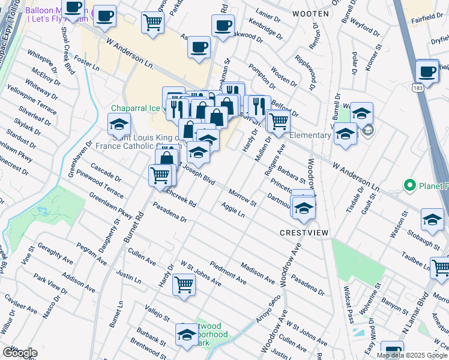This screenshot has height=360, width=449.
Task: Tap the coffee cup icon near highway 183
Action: (x=427, y=71)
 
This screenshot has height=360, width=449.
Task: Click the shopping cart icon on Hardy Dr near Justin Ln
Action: (x=184, y=284)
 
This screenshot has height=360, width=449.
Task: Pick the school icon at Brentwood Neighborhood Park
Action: (x=187, y=335)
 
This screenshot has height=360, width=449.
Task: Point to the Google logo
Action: (x=20, y=353)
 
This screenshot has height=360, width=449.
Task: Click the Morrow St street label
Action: (x=243, y=197)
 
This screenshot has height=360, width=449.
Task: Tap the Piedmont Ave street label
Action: (x=228, y=272)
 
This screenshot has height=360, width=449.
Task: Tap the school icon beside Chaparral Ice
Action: (x=119, y=125)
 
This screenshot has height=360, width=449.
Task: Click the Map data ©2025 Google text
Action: (x=412, y=355)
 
